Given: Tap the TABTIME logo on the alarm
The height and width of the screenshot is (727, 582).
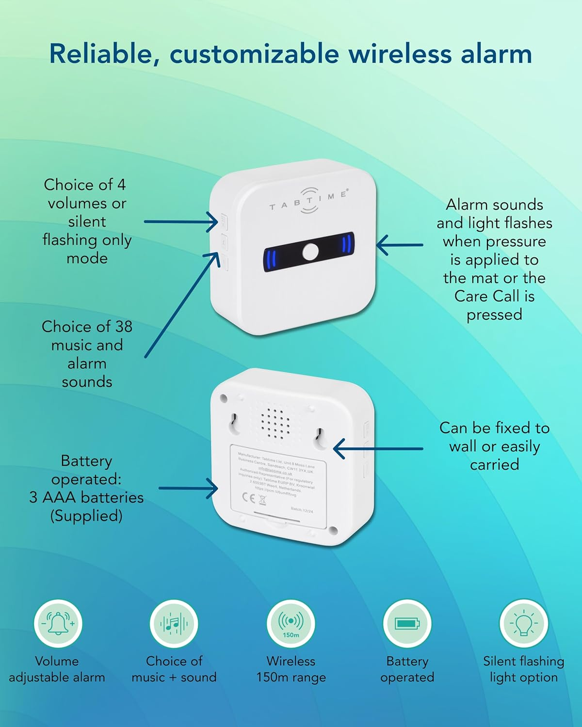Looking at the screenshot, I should click(x=309, y=200).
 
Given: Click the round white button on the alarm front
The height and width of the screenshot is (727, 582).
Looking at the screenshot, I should click(x=310, y=252).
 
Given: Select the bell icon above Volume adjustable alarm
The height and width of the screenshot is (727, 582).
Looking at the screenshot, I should click(x=58, y=623).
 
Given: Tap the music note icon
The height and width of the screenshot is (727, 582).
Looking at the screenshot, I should click(x=174, y=623).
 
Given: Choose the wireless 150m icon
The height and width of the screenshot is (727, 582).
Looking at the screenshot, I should click(x=291, y=623).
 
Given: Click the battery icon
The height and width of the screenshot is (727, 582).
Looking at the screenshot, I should click(x=407, y=623).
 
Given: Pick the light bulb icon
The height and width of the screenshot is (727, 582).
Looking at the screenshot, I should click(x=524, y=623).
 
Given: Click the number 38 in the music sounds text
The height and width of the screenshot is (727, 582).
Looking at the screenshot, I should click(x=123, y=327).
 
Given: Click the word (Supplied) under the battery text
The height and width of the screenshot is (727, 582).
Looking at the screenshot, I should click(x=86, y=516).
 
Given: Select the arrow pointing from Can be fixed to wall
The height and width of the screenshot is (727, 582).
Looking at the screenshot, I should click(x=378, y=449).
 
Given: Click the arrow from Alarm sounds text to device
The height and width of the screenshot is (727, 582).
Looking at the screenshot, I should click(x=400, y=245).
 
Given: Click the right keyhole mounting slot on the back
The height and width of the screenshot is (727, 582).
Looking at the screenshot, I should click(x=321, y=435).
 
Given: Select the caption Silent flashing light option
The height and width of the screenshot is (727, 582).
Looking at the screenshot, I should click(x=524, y=669).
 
